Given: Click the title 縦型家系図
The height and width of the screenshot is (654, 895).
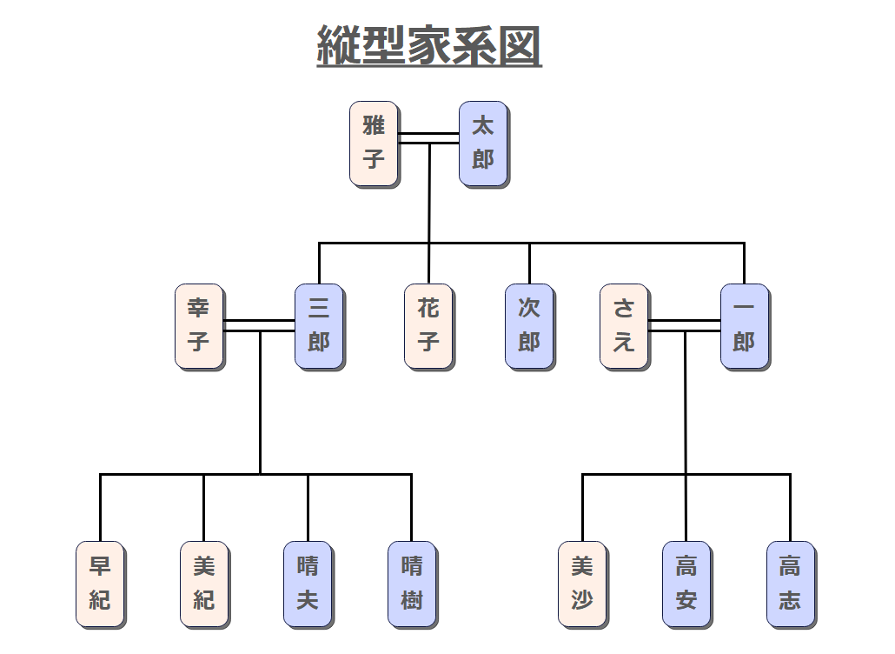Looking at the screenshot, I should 428,45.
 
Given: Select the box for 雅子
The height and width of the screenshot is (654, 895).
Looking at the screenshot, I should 375,143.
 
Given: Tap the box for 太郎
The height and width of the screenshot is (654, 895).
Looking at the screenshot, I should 483,143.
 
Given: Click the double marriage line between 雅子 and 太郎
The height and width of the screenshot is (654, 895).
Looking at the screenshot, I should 429,137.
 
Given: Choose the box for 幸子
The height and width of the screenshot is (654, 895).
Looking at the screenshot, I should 199,326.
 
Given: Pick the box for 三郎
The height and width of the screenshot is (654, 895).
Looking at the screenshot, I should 319,326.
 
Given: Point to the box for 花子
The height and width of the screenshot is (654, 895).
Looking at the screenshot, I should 428,326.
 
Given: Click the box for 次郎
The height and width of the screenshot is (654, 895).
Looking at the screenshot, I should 529,326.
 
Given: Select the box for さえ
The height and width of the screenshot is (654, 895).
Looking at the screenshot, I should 624,326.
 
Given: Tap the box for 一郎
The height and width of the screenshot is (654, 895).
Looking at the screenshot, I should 745,326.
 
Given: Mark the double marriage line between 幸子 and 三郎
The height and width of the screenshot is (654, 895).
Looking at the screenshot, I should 259,326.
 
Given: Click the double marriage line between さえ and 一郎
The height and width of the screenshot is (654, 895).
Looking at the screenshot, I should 685,326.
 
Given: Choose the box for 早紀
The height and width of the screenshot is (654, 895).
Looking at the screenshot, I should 100,584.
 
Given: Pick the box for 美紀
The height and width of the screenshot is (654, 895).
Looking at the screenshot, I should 204,584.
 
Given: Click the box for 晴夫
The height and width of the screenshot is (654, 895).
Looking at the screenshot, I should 308,584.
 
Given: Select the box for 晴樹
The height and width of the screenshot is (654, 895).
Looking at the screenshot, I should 412,584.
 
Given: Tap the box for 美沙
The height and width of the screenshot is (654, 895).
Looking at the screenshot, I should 582,584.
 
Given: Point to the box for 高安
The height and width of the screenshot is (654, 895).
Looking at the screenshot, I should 686,584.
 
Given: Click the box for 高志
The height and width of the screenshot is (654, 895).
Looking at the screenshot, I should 791,584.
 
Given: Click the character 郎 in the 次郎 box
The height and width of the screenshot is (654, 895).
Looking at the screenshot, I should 529,342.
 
